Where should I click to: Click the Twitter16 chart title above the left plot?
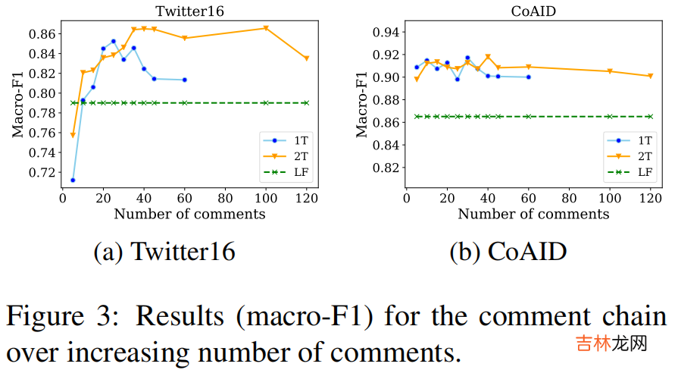coord(189,11)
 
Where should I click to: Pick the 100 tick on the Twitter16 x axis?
coord(265,199)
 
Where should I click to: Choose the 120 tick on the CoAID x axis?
coord(650,199)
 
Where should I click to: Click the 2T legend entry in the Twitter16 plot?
coord(290,156)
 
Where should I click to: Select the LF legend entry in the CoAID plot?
coord(635,173)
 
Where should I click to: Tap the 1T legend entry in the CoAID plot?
coord(635,140)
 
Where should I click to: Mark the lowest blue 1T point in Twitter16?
coord(73,180)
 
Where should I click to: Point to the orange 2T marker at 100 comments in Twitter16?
coord(266,28)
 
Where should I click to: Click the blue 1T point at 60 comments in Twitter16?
coord(184,80)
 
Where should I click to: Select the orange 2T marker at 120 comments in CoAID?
coord(650,76)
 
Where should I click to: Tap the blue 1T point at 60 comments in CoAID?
coord(528,77)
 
